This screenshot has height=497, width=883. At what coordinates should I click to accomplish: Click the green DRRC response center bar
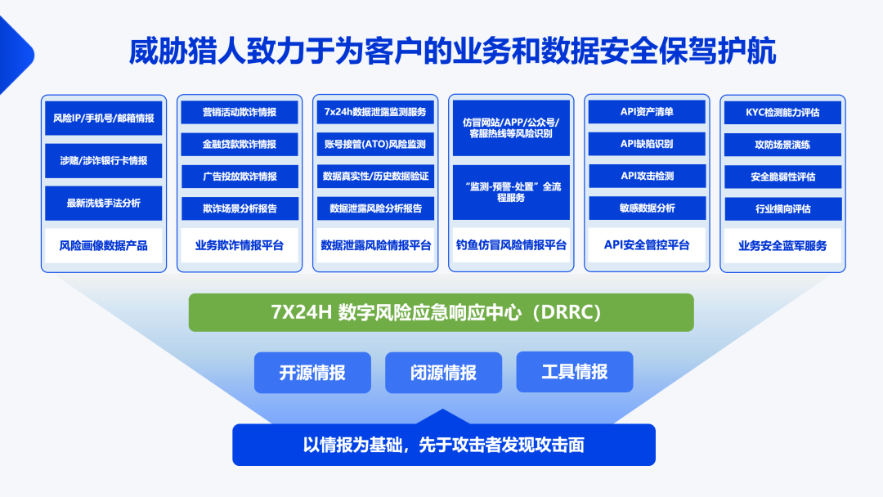441,312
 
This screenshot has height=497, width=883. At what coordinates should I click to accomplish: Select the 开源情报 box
312,373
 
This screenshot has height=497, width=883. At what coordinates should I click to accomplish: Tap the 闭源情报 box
443,373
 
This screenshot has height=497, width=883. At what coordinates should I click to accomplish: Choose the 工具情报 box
575,372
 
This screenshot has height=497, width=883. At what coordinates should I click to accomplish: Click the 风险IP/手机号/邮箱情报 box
104,119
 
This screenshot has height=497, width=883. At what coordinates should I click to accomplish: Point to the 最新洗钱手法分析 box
104,204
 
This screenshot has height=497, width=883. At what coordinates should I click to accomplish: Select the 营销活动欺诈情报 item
240,112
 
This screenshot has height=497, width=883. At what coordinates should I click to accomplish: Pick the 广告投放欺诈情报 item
240,177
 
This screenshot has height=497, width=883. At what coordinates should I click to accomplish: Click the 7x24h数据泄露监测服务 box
375,112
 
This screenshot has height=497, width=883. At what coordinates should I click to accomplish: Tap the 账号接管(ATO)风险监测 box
375,144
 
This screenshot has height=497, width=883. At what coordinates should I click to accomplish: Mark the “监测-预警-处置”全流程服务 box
511,192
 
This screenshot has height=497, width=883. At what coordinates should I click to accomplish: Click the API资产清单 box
647,111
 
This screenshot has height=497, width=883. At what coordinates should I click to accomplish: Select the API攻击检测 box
647,176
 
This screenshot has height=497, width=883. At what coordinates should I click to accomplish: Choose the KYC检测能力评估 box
782,113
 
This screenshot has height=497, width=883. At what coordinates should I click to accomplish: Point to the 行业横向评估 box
782,208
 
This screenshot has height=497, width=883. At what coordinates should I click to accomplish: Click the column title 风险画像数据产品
104,245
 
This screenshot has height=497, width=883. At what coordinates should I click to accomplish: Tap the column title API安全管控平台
647,245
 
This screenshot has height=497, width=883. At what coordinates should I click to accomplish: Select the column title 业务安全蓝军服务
782,245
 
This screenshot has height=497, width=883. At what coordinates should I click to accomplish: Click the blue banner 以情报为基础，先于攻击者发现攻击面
444,445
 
